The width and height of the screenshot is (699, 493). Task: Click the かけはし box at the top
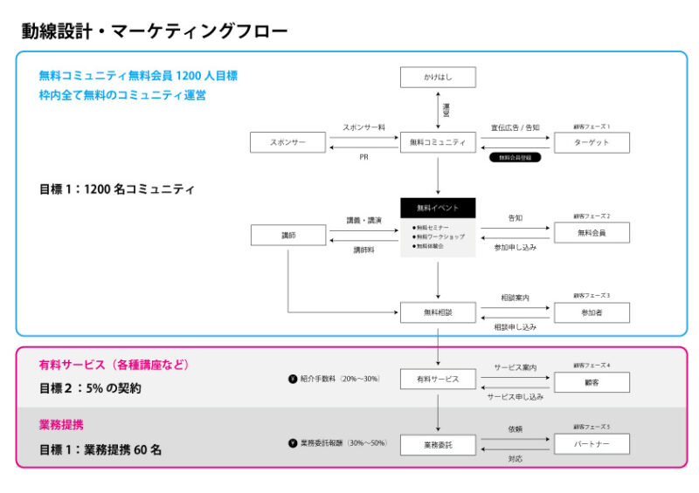click(438, 78)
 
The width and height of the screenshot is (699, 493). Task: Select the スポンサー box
click(287, 142)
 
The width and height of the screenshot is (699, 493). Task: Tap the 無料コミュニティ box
click(438, 142)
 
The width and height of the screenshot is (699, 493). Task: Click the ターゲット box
click(592, 142)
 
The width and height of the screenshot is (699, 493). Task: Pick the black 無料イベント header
click(438, 208)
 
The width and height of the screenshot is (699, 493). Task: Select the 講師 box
click(287, 235)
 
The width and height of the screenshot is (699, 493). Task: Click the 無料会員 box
click(592, 232)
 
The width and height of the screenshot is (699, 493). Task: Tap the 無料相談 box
click(438, 312)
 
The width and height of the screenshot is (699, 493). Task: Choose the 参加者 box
click(592, 312)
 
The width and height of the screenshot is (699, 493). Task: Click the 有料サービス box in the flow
click(438, 380)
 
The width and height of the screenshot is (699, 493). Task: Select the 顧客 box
click(592, 381)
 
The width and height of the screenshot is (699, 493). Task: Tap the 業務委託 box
click(438, 444)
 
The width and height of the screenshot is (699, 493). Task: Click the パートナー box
click(592, 444)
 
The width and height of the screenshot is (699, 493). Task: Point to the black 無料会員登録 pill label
click(514, 158)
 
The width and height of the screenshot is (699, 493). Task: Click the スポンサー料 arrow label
click(363, 127)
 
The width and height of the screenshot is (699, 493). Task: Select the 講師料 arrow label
click(363, 250)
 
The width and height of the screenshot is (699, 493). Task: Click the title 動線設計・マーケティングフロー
click(154, 32)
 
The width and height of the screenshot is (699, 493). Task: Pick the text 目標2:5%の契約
click(90, 388)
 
